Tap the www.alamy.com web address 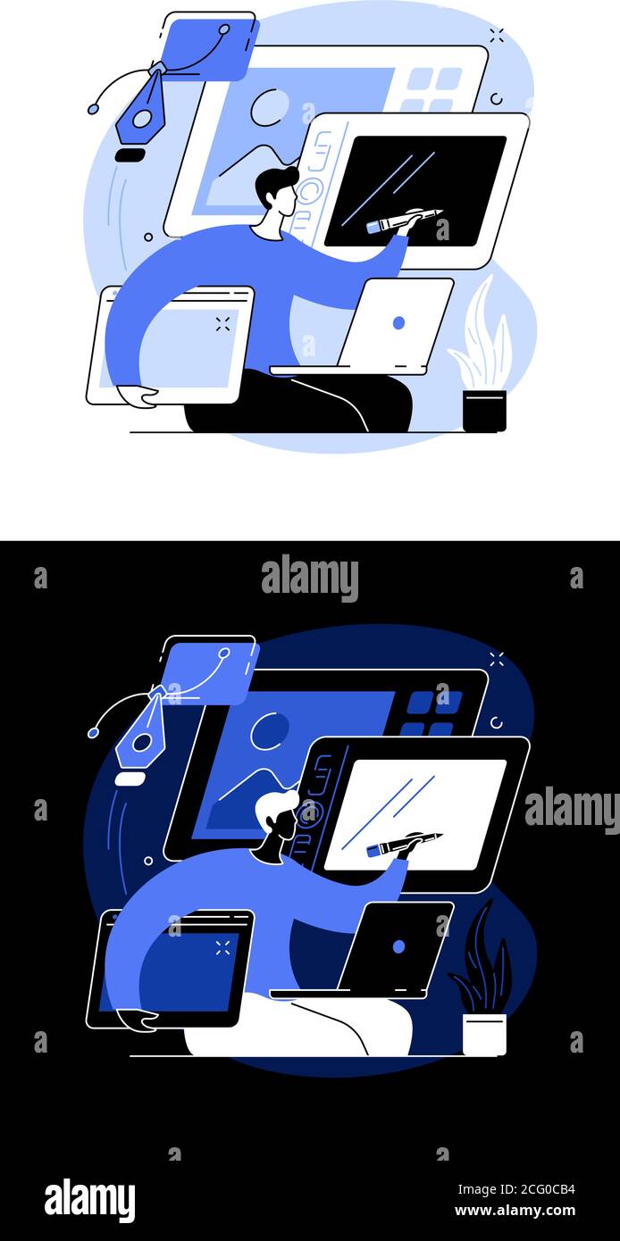point(515,1212)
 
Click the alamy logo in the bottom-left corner point(89,1200)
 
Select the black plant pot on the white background point(484,412)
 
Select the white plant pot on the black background point(484,1035)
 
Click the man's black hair point(272,184)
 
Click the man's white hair point(272,807)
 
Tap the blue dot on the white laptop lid point(398,322)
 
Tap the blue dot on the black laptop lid point(398,945)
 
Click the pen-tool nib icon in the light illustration point(141,111)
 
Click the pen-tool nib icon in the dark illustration point(141,734)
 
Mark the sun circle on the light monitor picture point(269,108)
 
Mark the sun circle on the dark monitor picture point(269,731)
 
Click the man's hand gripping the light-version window point(136,396)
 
